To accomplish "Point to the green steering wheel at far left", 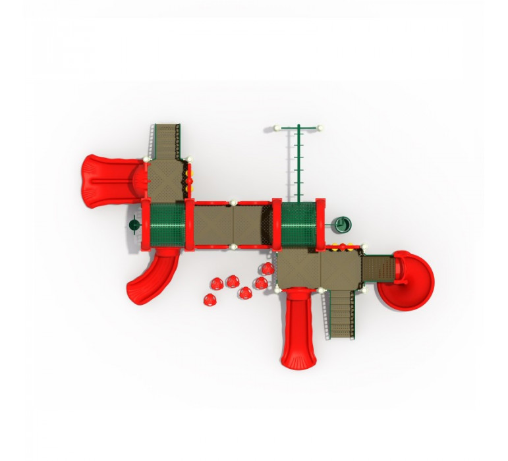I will click(x=134, y=225).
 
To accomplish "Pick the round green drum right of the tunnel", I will click(x=343, y=225).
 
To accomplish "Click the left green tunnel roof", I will click(x=167, y=225).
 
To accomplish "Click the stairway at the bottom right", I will click(x=340, y=315).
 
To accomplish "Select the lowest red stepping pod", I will click(x=209, y=300).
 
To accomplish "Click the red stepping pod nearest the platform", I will click(x=267, y=269).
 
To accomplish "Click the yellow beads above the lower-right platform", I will click(x=342, y=249).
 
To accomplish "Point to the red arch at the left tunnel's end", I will click(x=189, y=225).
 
